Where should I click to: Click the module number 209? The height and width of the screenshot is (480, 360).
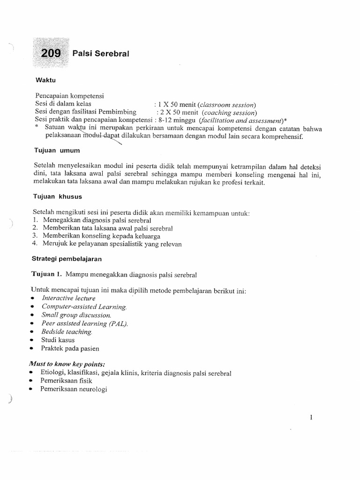pyautogui.click(x=51, y=53)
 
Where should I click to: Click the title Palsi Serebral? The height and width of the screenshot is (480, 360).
pyautogui.click(x=101, y=54)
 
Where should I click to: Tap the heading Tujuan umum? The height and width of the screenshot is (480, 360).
pyautogui.click(x=57, y=150)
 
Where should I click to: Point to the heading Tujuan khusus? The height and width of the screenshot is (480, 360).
pyautogui.click(x=59, y=196)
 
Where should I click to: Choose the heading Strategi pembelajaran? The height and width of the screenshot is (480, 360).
pyautogui.click(x=67, y=258)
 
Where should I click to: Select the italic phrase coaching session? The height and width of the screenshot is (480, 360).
pyautogui.click(x=229, y=112)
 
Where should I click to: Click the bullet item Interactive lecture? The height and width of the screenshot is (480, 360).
pyautogui.click(x=68, y=298)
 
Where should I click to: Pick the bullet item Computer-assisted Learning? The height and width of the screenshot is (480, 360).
pyautogui.click(x=84, y=307)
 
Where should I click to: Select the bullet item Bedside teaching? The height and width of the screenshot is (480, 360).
pyautogui.click(x=67, y=332)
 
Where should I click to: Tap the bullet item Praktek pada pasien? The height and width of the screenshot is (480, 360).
pyautogui.click(x=70, y=348)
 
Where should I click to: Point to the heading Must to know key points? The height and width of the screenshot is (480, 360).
pyautogui.click(x=67, y=364)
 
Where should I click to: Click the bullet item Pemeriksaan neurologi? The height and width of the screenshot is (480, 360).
pyautogui.click(x=74, y=389)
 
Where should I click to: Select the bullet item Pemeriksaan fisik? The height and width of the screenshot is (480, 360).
pyautogui.click(x=66, y=381)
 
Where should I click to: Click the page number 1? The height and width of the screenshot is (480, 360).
pyautogui.click(x=311, y=417)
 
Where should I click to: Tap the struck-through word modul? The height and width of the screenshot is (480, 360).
pyautogui.click(x=93, y=136)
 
